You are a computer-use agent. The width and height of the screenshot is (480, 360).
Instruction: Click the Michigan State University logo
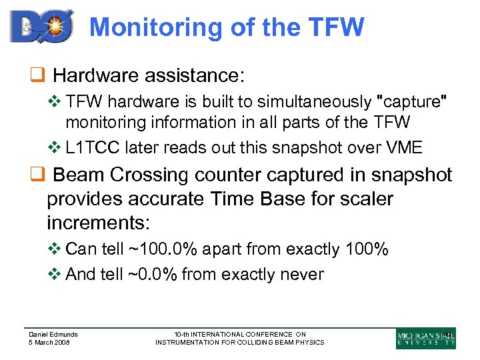coord(425,338)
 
